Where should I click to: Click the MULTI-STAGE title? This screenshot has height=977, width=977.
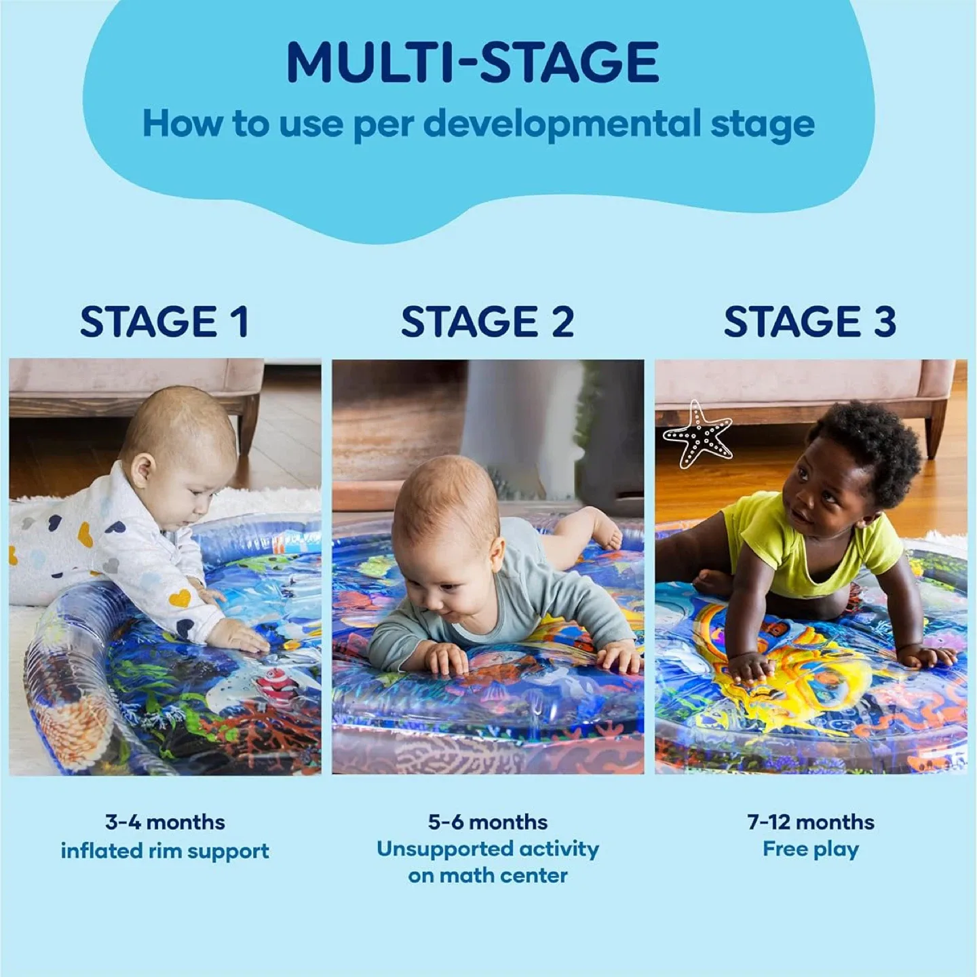pyautogui.click(x=472, y=62)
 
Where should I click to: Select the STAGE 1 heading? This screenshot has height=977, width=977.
pyautogui.click(x=164, y=322)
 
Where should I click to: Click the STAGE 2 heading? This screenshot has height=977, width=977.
pyautogui.click(x=487, y=322)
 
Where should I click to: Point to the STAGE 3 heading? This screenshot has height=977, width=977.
pyautogui.click(x=809, y=322)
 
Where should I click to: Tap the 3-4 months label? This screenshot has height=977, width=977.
pyautogui.click(x=165, y=822)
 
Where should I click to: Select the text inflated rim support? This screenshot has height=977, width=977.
pyautogui.click(x=165, y=851)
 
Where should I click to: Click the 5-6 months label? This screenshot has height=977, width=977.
pyautogui.click(x=487, y=822)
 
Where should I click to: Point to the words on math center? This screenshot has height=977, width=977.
pyautogui.click(x=487, y=875)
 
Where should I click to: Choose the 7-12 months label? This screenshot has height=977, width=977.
pyautogui.click(x=810, y=822)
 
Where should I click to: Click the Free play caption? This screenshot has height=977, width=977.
pyautogui.click(x=810, y=849)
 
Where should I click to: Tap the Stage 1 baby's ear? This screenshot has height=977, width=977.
pyautogui.click(x=142, y=470)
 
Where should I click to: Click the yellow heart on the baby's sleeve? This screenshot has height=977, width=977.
pyautogui.click(x=180, y=598)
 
